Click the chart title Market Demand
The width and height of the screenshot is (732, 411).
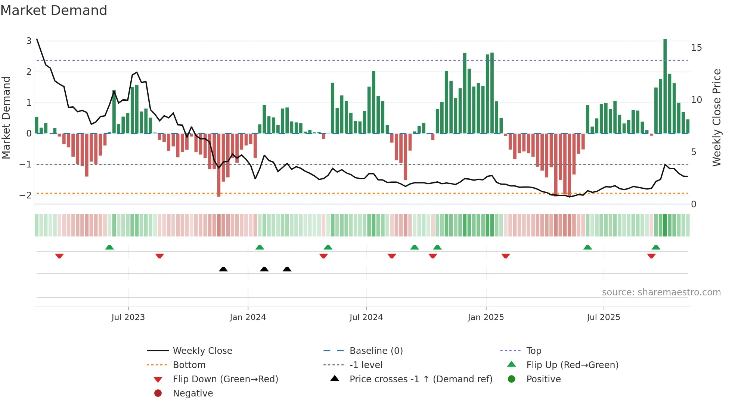[x=54, y=10]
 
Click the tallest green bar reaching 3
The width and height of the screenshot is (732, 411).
[x=665, y=86]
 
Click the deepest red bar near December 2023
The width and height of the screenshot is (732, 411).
[x=219, y=164]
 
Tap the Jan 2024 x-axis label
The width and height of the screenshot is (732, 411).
[x=248, y=317]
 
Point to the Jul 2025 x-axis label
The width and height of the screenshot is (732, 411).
[x=603, y=317]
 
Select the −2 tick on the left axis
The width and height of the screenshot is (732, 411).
[x=25, y=195]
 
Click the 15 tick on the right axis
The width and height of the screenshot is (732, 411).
[x=696, y=48]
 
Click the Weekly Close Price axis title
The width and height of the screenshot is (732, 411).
[x=716, y=117]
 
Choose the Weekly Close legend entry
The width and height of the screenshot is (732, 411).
[x=202, y=351]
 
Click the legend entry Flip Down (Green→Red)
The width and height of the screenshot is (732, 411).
[x=225, y=379]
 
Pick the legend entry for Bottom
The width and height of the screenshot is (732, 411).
[x=189, y=365]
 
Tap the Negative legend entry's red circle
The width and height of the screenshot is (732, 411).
[x=158, y=393]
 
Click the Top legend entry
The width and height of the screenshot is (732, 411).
[x=533, y=351]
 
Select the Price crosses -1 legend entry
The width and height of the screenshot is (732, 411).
[x=421, y=379]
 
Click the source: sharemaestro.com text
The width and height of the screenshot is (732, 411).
[x=661, y=292]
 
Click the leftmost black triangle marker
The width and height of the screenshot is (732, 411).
[x=223, y=269]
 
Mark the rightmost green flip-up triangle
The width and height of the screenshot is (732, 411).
[x=656, y=247]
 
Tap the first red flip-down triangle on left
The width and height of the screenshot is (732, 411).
[x=59, y=256]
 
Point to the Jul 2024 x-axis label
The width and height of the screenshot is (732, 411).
[x=366, y=317]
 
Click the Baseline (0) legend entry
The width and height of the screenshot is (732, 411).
[x=376, y=351]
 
